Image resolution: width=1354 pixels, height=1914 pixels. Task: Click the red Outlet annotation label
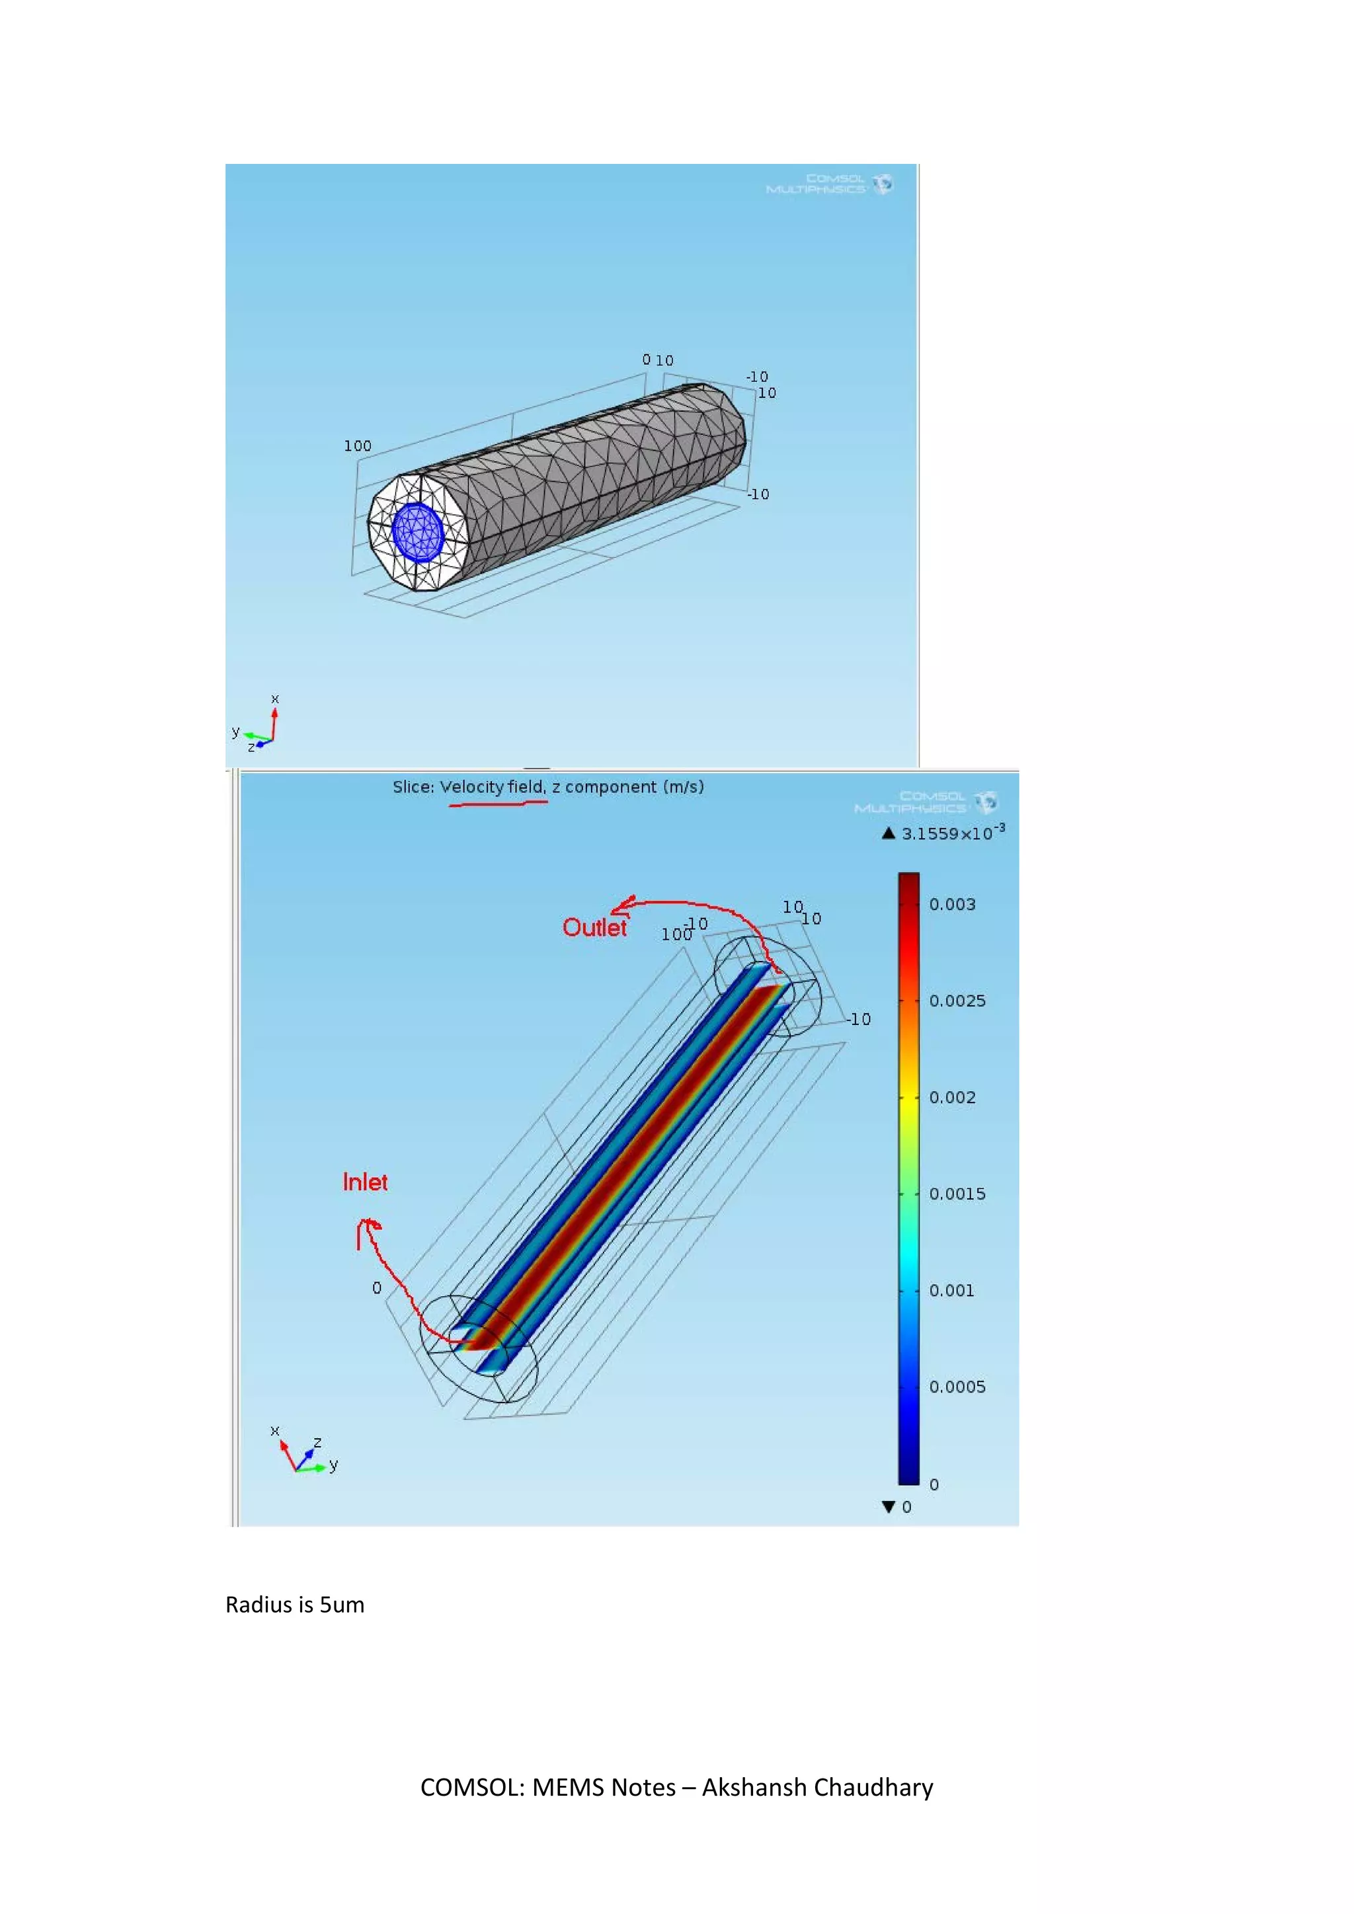594,928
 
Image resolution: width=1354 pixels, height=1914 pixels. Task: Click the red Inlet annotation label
365,1182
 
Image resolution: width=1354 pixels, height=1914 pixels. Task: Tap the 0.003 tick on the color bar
951,905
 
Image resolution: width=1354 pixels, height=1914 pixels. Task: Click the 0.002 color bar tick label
951,1098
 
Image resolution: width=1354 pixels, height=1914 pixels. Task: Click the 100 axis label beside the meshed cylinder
358,446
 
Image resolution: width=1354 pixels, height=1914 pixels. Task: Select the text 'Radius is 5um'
294,1605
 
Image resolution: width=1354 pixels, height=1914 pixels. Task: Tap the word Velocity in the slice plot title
472,787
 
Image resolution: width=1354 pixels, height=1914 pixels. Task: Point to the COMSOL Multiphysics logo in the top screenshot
830,183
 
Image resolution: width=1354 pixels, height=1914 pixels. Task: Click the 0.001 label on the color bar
951,1291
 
